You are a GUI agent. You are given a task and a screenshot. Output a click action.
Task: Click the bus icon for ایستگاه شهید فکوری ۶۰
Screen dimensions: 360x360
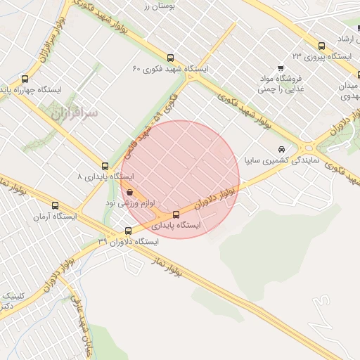(170, 58)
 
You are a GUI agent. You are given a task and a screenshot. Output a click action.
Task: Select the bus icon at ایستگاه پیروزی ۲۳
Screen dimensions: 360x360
(322, 44)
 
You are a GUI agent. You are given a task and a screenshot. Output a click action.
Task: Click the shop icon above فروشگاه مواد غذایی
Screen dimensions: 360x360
(281, 68)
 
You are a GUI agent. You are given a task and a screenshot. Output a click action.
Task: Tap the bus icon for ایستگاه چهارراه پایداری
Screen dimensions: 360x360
(26, 79)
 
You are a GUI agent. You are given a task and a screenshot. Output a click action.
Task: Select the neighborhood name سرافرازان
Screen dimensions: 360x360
(75, 111)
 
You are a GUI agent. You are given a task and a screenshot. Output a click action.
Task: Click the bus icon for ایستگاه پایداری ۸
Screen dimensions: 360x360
(105, 167)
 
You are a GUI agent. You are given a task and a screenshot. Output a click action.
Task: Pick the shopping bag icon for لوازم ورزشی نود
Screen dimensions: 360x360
(131, 191)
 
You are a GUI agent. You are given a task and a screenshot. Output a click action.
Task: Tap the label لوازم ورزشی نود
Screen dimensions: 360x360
(130, 202)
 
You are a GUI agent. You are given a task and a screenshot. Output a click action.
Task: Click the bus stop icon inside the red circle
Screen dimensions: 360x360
(176, 214)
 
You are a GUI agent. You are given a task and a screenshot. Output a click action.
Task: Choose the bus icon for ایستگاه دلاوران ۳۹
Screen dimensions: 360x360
(128, 231)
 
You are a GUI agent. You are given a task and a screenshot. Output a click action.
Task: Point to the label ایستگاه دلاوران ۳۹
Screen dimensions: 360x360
(128, 241)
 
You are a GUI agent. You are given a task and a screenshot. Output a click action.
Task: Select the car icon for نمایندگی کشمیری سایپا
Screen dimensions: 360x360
(281, 150)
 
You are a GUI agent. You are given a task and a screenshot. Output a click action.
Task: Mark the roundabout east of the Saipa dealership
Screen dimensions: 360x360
(308, 148)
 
